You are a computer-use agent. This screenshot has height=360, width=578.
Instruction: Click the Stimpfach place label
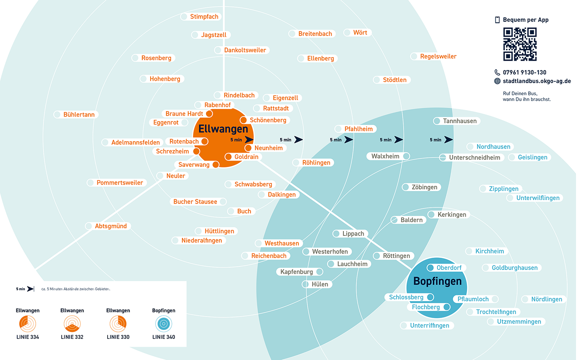click(204, 17)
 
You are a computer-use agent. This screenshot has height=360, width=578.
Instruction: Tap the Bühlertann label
click(79, 115)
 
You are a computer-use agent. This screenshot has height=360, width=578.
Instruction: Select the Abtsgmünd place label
click(111, 226)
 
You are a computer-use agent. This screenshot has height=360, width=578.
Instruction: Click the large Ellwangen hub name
click(223, 129)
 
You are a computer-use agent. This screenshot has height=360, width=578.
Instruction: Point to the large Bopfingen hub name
click(437, 281)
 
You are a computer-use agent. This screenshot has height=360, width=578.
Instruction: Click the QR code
click(520, 44)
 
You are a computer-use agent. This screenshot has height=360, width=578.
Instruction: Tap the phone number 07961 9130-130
click(524, 72)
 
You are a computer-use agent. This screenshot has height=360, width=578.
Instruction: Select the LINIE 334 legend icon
click(27, 324)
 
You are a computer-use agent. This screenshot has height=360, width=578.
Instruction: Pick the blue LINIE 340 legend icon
click(164, 324)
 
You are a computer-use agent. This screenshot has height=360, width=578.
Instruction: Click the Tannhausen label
click(460, 121)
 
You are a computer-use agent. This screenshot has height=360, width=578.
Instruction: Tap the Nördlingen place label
click(546, 299)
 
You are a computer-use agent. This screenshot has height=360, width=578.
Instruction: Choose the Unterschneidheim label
click(474, 158)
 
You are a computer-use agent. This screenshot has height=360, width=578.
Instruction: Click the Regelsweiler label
click(438, 56)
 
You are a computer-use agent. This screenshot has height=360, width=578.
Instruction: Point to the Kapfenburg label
click(296, 272)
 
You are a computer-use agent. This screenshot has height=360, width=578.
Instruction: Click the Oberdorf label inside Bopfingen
click(449, 268)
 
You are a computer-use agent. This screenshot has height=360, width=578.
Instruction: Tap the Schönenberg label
click(267, 120)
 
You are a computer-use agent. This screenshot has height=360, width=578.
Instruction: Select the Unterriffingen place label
click(429, 325)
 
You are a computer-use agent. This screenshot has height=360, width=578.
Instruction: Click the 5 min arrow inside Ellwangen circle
click(242, 140)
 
